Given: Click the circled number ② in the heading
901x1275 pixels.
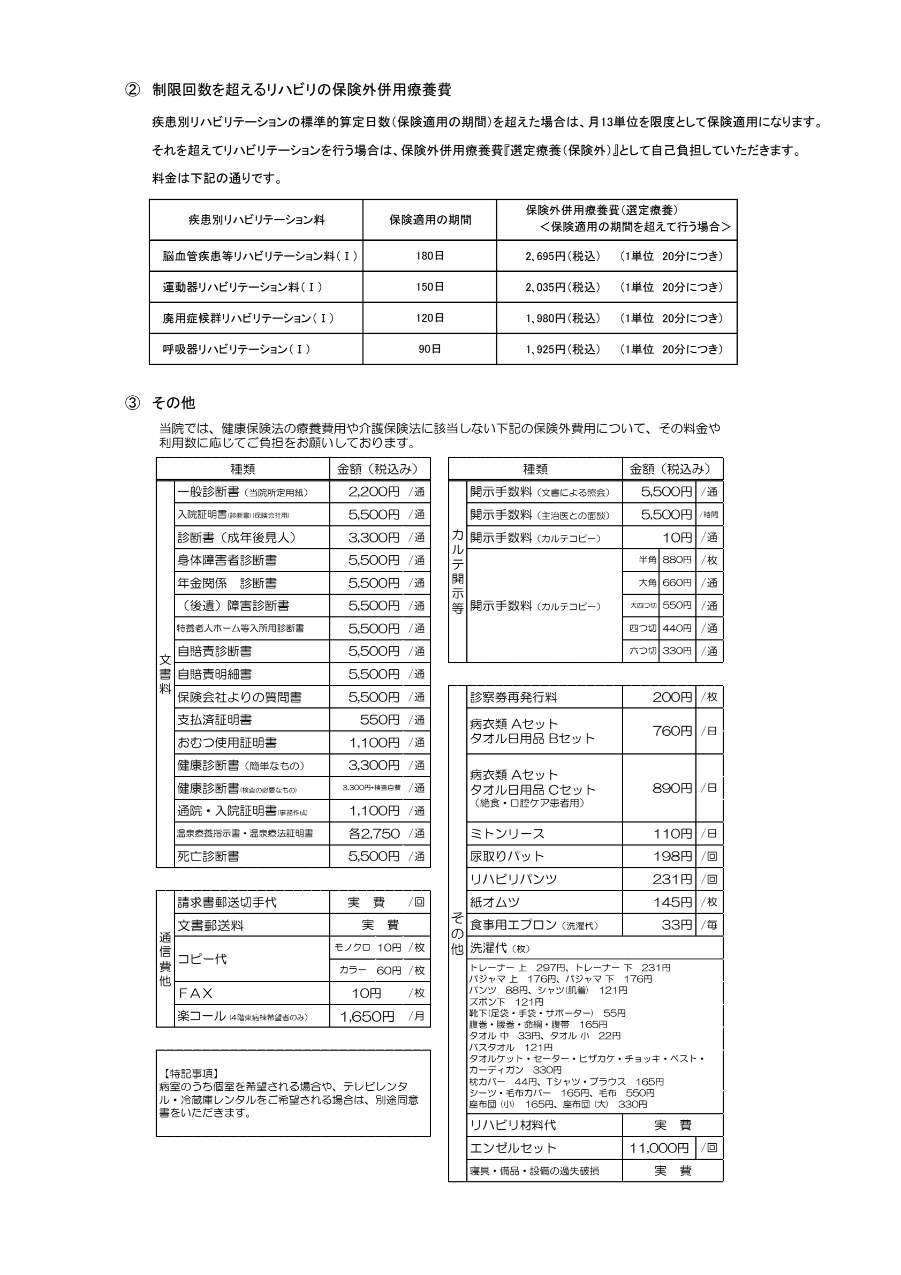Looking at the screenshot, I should coord(132,90).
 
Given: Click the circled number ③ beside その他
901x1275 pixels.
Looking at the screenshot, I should coord(132,403).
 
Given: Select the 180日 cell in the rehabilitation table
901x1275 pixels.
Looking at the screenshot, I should coord(430,256).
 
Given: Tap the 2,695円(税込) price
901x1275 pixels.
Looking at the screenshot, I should coord(563,256).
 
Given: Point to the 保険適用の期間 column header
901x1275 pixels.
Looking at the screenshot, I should coord(430,220).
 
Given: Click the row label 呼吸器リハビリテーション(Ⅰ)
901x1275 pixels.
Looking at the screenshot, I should coord(237,349).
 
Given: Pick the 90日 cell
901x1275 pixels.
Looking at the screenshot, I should coord(430,349).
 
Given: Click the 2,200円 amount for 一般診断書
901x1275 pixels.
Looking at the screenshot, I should coord(374,492).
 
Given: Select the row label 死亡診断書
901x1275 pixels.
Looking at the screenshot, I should coord(208,856).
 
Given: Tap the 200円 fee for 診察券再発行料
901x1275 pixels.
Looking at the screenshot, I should coord(672,697).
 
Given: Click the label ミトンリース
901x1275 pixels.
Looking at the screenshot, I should coord(507,834).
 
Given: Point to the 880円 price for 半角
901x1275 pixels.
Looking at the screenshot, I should coord(677,560).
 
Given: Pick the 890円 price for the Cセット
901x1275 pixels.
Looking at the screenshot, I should coord(672,788).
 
